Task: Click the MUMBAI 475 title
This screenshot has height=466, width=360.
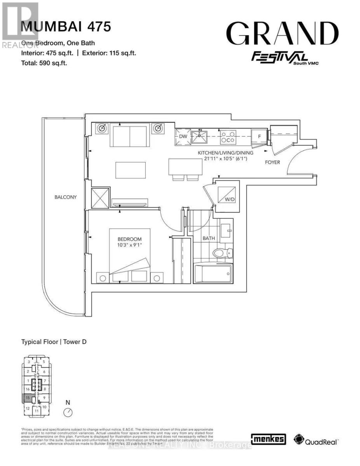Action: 66,27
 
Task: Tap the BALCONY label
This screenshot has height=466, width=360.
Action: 66,197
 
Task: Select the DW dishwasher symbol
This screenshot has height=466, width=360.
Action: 183,137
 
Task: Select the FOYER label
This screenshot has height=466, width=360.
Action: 273,162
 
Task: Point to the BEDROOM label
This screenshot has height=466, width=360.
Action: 130,239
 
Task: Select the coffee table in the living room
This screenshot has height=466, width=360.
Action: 130,170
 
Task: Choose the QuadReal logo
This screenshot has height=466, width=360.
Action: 317,440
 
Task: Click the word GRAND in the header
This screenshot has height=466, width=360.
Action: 282,33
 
